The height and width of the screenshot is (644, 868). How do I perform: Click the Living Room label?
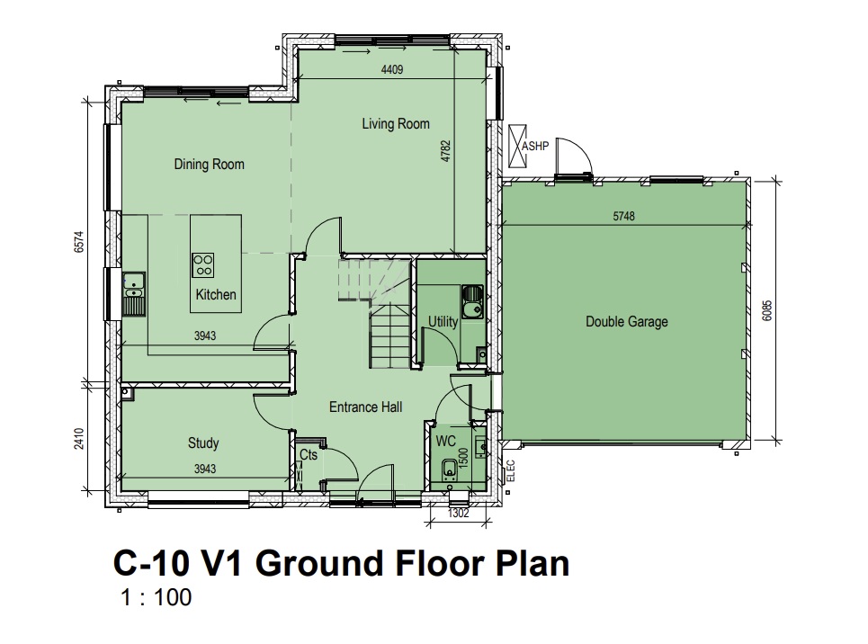point(396,123)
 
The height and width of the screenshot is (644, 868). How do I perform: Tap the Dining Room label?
point(210,164)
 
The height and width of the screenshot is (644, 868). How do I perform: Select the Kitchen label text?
point(216,294)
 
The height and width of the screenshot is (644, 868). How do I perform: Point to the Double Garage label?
point(627,321)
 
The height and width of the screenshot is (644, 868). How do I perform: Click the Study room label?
point(203,443)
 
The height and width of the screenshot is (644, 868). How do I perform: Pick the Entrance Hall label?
point(366,407)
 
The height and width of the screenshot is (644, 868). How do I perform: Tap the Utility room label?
point(443,321)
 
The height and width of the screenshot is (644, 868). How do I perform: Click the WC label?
point(445,441)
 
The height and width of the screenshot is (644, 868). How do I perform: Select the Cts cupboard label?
point(309,454)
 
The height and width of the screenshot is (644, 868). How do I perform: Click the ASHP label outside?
point(535,146)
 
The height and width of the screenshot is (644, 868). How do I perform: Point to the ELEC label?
point(510,470)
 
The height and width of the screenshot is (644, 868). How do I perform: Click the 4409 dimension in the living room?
point(392,70)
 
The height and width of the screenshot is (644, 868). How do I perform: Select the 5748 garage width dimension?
point(624,216)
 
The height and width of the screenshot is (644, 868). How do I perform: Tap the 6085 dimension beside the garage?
point(766,310)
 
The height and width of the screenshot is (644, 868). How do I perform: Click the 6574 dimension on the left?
point(79,242)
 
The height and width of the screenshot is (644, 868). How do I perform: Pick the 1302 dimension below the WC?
point(459,514)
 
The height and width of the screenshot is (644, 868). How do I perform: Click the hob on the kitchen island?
point(202,265)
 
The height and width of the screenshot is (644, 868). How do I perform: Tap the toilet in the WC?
point(449,469)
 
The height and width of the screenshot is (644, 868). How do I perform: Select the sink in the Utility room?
point(472,303)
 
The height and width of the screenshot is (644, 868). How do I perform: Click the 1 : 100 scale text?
point(157,597)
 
